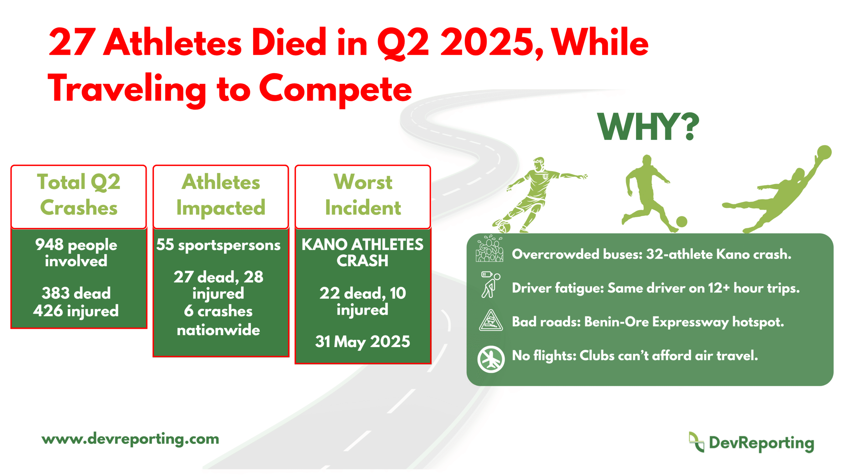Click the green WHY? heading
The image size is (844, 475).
[648, 127]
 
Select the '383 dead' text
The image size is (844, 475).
[76, 293]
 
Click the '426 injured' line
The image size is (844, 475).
[76, 311]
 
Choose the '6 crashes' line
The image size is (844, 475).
[218, 311]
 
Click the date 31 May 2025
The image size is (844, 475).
[363, 342]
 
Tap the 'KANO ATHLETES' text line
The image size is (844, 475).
[362, 244]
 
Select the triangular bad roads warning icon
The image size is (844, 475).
[491, 320]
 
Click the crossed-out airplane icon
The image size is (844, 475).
[491, 359]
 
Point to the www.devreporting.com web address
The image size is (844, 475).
[130, 439]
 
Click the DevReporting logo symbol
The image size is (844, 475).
[696, 442]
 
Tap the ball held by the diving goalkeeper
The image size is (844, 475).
[824, 152]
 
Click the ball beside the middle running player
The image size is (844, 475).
[681, 222]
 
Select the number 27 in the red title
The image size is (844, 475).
[72, 42]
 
